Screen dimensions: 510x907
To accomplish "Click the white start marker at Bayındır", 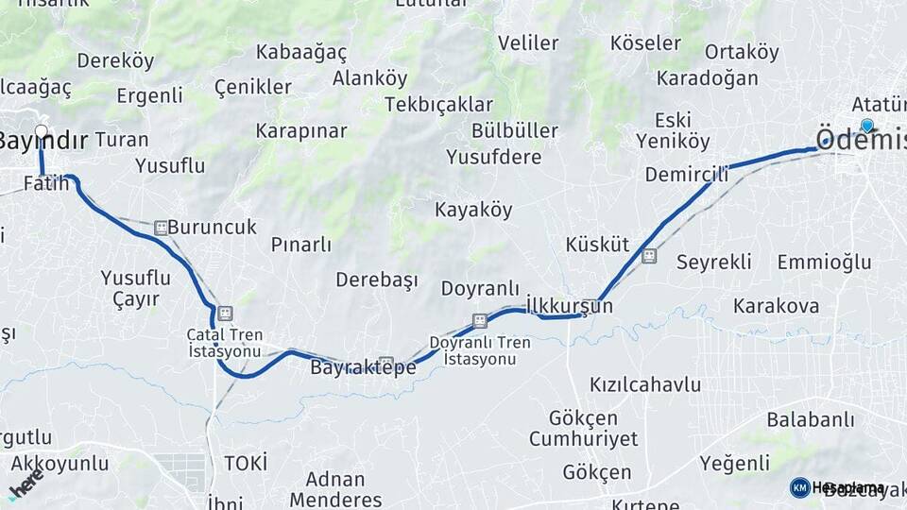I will click(x=41, y=130).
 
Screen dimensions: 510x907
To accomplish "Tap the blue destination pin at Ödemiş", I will click(x=866, y=125).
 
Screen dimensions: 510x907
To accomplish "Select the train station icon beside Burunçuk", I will click(x=161, y=228).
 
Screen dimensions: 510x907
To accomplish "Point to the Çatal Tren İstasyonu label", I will click(x=224, y=343).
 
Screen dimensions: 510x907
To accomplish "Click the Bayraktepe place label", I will click(x=363, y=368).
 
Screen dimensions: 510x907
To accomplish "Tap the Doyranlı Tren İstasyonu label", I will click(x=480, y=350).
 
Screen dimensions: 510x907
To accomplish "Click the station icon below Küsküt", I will click(x=648, y=256).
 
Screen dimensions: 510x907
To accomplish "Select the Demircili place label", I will click(x=687, y=174).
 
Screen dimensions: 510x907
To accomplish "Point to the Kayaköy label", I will click(x=472, y=209).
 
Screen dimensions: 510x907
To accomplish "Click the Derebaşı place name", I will click(x=377, y=280).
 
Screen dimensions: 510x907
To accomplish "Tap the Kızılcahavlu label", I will click(x=645, y=384).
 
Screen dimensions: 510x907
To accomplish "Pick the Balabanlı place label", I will click(x=804, y=418).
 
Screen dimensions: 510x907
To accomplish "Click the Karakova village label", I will click(x=776, y=306).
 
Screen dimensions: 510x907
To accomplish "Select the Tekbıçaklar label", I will click(x=438, y=105).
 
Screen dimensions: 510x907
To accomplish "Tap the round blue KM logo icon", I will click(x=799, y=487).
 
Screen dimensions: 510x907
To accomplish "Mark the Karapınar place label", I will click(x=301, y=131).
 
